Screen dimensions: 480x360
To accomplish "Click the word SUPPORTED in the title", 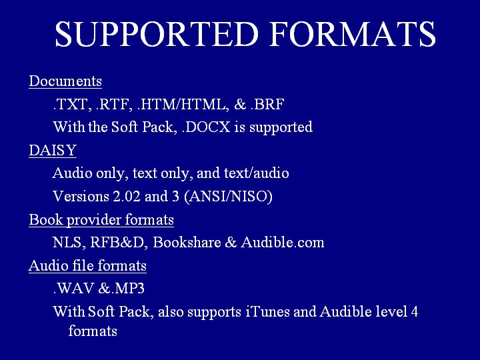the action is click(x=157, y=34).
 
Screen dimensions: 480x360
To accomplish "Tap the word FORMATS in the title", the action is click(x=353, y=34).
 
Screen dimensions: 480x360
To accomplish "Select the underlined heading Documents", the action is click(x=65, y=81).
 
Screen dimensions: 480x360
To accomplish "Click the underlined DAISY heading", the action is click(x=53, y=150).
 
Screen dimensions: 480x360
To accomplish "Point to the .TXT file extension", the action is click(x=72, y=105).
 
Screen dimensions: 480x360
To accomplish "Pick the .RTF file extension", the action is click(x=114, y=105).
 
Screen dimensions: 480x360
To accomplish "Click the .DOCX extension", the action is click(x=206, y=127).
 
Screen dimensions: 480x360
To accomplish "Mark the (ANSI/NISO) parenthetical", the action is click(x=229, y=197).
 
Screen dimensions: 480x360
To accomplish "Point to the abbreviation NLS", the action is click(x=67, y=243).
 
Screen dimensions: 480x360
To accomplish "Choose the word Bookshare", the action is click(x=187, y=242).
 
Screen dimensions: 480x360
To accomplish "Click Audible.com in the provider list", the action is click(x=282, y=242).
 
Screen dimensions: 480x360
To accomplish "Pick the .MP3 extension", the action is click(x=127, y=289).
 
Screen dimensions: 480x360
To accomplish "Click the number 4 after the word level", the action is click(x=415, y=311).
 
